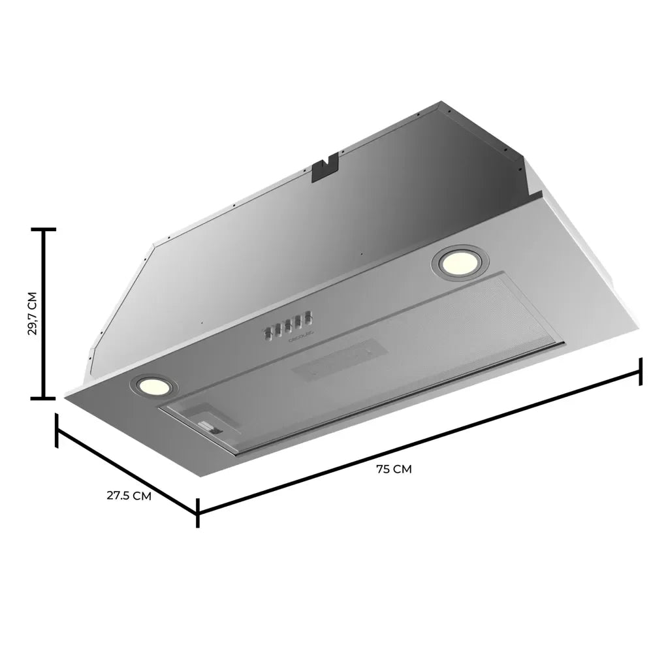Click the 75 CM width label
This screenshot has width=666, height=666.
tap(394, 469)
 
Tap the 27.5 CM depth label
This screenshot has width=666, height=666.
tap(129, 496)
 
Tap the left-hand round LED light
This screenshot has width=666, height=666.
tap(152, 385)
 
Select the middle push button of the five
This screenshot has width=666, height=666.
tap(287, 326)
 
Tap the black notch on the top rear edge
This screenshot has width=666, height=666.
tap(324, 168)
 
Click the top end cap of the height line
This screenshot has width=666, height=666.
tap(44, 230)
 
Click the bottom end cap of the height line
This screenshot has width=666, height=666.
tap(44, 397)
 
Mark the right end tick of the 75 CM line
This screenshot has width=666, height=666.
tap(641, 372)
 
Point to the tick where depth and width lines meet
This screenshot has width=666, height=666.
tap(197, 513)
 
